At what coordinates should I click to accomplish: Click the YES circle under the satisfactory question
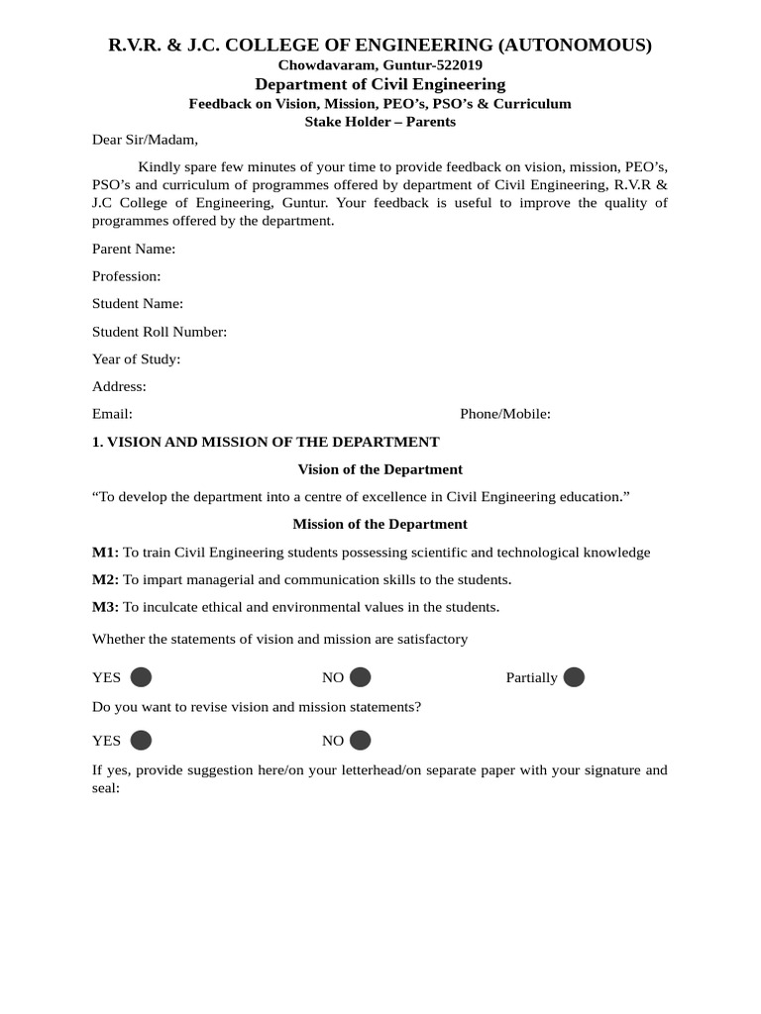click(142, 677)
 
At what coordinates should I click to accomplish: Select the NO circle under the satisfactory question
click(361, 677)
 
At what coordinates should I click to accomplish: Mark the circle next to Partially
click(574, 677)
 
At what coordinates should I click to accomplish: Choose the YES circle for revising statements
click(142, 741)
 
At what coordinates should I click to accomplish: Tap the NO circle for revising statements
click(361, 741)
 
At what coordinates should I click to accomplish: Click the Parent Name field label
click(134, 249)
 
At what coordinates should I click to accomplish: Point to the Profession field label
click(127, 276)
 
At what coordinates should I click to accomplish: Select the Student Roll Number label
click(160, 332)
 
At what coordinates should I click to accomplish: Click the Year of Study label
click(137, 359)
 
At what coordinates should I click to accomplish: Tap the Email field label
click(112, 414)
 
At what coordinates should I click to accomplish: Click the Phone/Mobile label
click(505, 414)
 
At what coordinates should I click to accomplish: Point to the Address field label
click(119, 386)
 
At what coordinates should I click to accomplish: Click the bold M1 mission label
click(105, 553)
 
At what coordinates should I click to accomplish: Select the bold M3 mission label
click(105, 607)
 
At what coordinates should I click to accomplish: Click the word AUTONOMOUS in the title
click(576, 45)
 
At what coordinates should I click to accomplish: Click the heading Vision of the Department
click(380, 469)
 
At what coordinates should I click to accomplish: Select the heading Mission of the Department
click(380, 524)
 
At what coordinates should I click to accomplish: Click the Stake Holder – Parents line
click(380, 122)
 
